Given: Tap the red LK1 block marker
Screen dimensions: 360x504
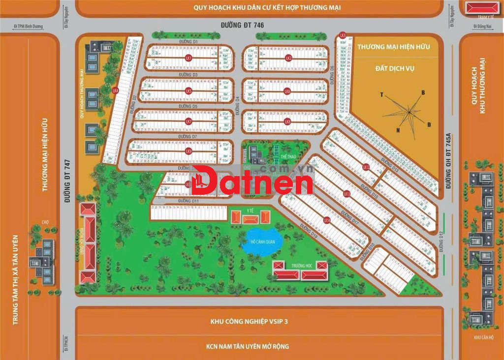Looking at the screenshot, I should pos(188,58).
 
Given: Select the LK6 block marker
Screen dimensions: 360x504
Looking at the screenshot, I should pos(287,91).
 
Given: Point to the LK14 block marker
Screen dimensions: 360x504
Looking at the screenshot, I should pos(326,221).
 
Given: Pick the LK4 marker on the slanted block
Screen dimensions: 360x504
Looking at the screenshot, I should pos(115,90).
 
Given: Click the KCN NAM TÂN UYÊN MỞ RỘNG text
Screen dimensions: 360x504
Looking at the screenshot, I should pos(248,346).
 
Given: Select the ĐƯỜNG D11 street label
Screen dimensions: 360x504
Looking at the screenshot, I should pos(189,201).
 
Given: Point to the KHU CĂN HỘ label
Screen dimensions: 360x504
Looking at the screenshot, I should pos(483,338).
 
